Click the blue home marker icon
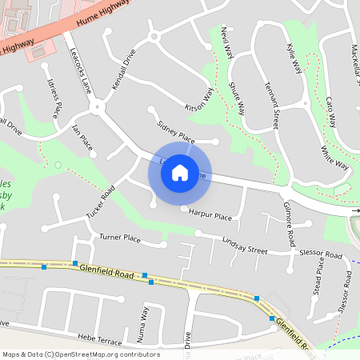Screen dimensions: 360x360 (x=180, y=173)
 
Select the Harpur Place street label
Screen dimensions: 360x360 (x=210, y=216)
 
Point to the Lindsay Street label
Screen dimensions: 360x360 (x=245, y=245)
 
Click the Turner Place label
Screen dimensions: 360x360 (x=120, y=238)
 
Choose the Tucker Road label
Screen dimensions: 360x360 (x=101, y=202)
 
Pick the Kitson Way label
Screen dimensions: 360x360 (x=199, y=99)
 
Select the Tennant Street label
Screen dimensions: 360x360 (x=271, y=110)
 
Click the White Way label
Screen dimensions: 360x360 (x=335, y=158)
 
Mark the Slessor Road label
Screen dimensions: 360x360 (x=320, y=254)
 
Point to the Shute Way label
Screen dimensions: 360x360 (x=239, y=97)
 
